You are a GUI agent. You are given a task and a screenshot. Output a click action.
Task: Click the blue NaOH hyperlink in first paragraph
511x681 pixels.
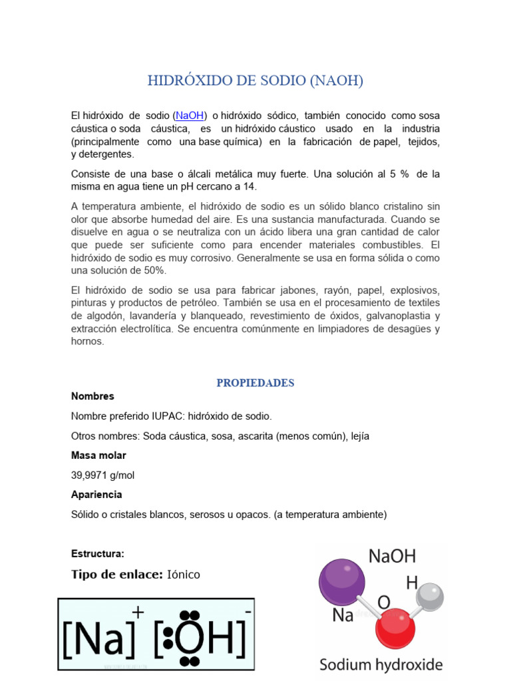190,116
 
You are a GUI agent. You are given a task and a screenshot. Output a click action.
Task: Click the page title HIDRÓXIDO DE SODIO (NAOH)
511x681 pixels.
255,81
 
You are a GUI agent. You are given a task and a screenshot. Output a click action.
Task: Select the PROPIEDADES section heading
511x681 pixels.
255,383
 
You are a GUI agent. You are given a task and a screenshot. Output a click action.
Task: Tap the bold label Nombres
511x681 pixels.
92,396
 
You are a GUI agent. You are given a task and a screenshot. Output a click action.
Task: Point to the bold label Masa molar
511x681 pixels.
98,456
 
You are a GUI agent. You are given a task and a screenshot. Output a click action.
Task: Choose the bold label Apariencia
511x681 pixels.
96,495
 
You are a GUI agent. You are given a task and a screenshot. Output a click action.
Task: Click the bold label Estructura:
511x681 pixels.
97,554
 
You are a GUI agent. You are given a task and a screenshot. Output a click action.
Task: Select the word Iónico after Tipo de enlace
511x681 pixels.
184,575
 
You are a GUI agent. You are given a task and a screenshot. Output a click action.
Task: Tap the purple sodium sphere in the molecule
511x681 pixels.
342,581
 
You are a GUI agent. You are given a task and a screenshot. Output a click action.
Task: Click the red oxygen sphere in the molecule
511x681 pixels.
395,627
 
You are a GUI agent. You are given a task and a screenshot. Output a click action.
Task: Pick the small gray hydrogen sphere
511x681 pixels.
430,596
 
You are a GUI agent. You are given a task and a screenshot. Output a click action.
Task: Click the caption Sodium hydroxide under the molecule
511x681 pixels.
381,664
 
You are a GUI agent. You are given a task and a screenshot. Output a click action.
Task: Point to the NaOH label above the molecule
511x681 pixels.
392,557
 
